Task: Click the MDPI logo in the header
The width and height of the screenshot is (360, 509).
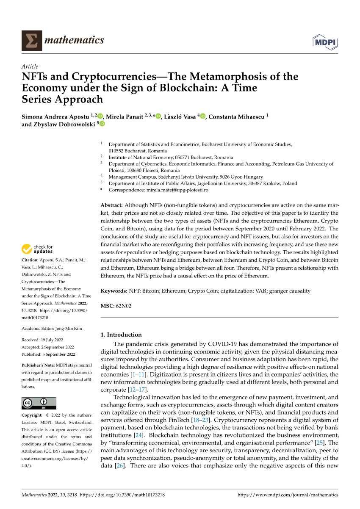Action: [x=325, y=41]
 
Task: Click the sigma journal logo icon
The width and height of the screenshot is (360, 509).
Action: [x=32, y=41]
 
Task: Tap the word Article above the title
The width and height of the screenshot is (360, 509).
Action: [x=30, y=66]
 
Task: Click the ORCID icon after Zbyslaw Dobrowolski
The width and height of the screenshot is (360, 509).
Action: [x=102, y=124]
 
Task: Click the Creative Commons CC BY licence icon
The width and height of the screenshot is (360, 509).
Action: [x=39, y=403]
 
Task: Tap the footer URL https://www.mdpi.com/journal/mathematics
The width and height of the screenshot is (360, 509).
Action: [x=288, y=495]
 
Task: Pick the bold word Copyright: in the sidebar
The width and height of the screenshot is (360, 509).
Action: [x=32, y=415]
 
